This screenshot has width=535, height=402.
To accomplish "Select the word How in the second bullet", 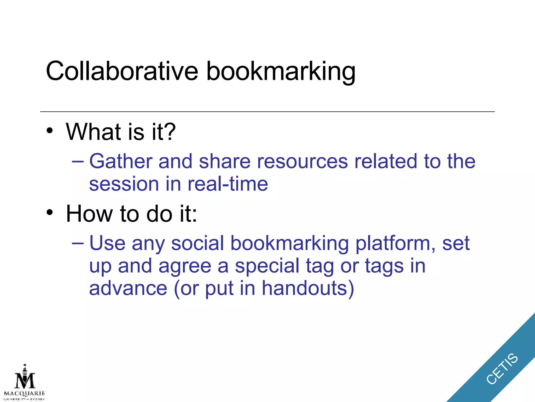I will (x=89, y=214).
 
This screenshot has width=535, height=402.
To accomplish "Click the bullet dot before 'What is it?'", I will (x=50, y=130).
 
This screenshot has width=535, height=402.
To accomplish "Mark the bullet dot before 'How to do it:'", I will (x=50, y=212).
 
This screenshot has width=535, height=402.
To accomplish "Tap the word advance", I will (x=128, y=288).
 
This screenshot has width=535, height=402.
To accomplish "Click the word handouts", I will (x=308, y=288).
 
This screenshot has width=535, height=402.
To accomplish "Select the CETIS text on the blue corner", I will (x=502, y=369).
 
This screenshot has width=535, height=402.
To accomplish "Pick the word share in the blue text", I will (x=225, y=161).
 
